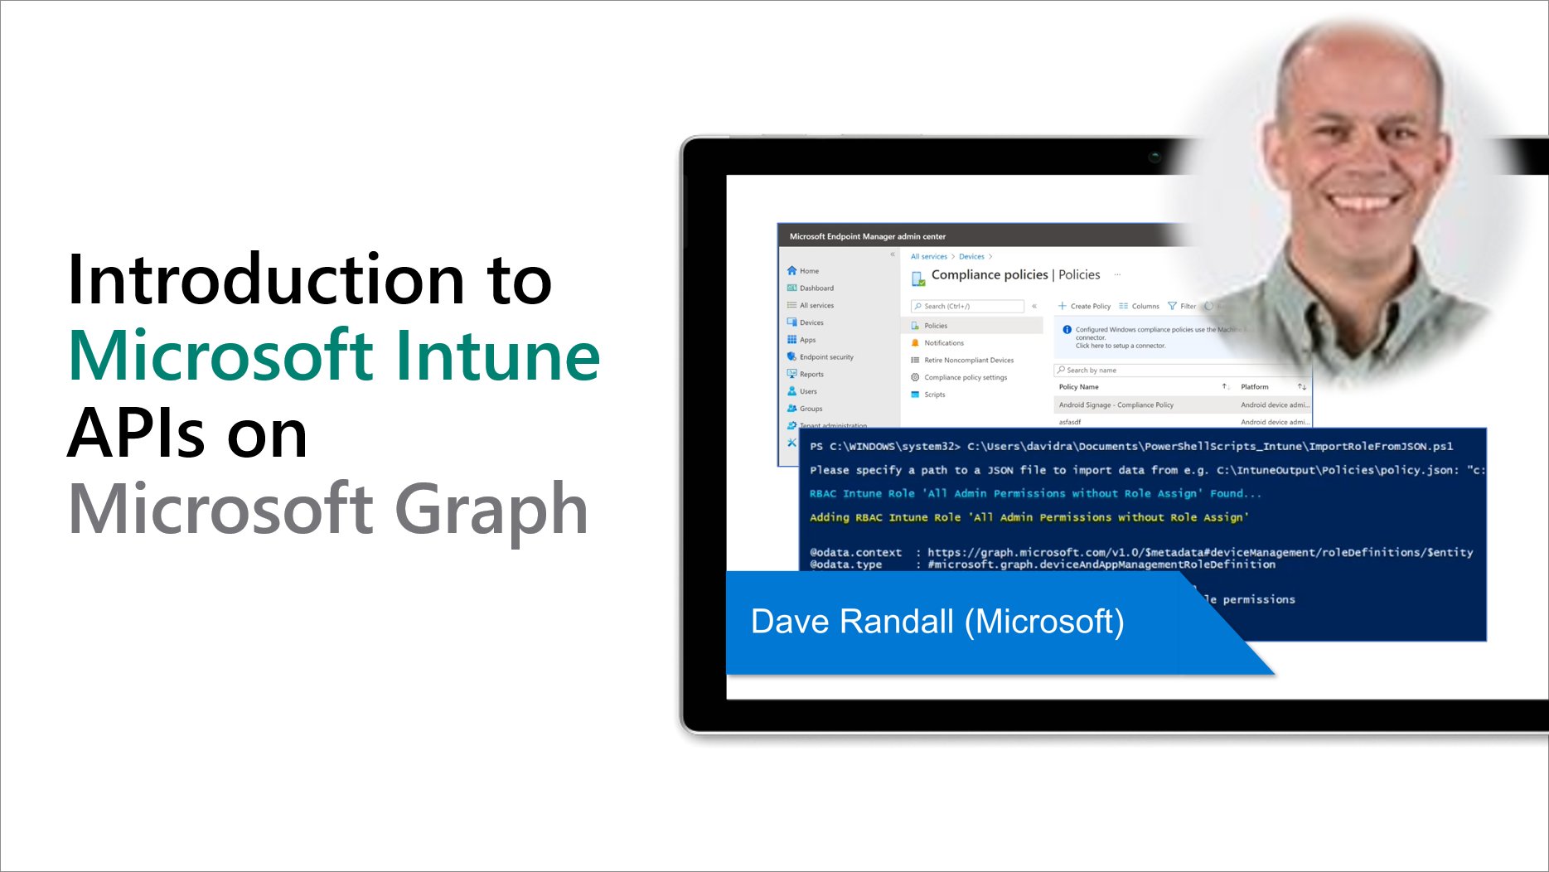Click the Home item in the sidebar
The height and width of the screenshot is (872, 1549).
click(x=808, y=271)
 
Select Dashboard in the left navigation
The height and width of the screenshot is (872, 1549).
click(x=816, y=288)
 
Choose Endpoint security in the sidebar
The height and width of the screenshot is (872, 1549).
click(x=825, y=357)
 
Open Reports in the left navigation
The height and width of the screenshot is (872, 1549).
click(x=811, y=375)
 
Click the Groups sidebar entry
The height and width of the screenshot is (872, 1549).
click(x=811, y=409)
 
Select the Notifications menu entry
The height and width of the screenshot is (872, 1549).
click(x=943, y=343)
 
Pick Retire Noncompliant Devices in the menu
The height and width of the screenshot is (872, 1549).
click(x=968, y=361)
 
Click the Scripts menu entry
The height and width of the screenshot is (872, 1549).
click(x=934, y=395)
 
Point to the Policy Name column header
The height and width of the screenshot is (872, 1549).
click(x=1078, y=387)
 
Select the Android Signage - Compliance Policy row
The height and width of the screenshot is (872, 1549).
click(x=1116, y=405)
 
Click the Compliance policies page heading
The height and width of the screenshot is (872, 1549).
click(x=989, y=275)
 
